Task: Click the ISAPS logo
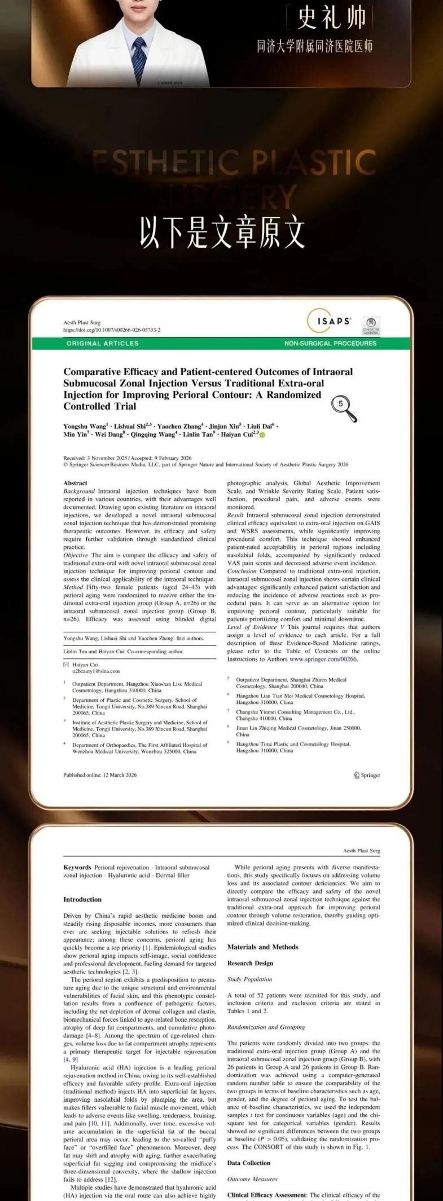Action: point(329,321)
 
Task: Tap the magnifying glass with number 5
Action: point(343,407)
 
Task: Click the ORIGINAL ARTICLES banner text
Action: point(102,343)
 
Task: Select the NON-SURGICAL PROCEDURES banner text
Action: point(330,343)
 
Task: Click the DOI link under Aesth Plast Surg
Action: point(112,330)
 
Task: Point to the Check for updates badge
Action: point(371,325)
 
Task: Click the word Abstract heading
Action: point(75,483)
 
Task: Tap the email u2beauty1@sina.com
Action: point(95,671)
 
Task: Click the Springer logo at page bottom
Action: point(367,775)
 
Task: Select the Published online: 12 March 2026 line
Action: point(100,775)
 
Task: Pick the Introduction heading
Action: point(82,900)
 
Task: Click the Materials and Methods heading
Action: point(262,947)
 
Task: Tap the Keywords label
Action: point(77,868)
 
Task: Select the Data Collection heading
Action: point(249,1163)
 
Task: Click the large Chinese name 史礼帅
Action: point(332,18)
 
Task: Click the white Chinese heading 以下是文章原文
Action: point(222,232)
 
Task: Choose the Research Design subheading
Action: point(250,964)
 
